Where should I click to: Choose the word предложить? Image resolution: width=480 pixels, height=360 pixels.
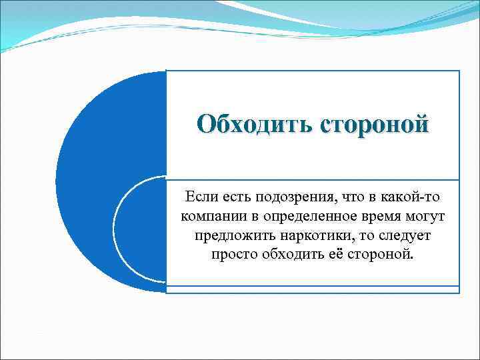tap(233, 236)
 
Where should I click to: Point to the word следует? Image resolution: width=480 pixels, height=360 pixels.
tap(407, 236)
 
